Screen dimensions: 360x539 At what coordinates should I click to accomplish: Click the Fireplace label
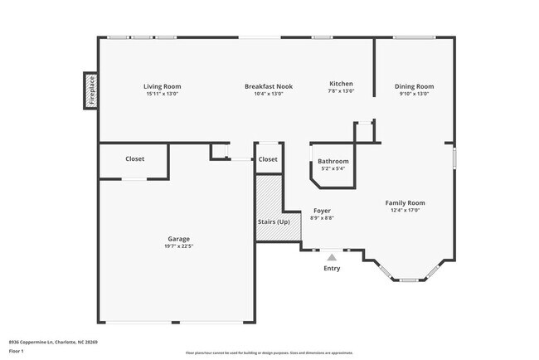pos(91,90)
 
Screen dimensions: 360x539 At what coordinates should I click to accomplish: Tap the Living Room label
pos(162,86)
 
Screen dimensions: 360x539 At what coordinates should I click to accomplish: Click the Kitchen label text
pos(342,84)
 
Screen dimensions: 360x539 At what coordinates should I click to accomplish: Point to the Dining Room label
pos(414,86)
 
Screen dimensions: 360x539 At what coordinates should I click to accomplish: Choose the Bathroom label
pos(333,161)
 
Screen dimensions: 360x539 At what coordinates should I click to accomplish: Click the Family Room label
pos(405,202)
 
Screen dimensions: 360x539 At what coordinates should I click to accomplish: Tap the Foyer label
pos(322,211)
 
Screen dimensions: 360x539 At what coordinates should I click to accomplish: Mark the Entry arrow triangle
pos(332,258)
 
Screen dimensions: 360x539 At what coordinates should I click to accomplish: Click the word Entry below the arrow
pos(332,268)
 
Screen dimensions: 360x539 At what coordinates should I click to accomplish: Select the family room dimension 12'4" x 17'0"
pos(405,210)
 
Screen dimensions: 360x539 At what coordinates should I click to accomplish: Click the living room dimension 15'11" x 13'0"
pos(162,94)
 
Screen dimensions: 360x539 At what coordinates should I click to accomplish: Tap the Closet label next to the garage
pos(134,158)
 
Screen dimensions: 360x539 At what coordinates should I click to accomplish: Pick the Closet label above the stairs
pos(268,159)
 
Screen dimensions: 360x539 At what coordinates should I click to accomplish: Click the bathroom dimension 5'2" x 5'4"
pos(333,168)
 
